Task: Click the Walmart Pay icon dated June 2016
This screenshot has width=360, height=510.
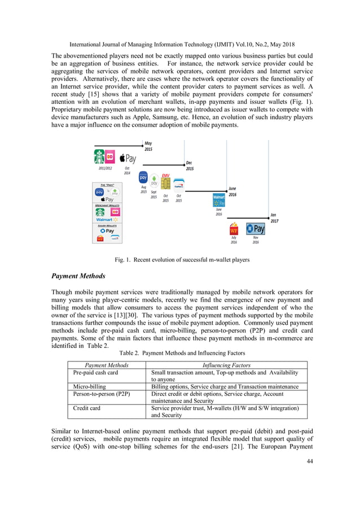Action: [x=218, y=201]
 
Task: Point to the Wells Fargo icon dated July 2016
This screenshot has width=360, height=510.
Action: [x=233, y=230]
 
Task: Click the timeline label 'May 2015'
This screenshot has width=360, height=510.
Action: [x=148, y=146]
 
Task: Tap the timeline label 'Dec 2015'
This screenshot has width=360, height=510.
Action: [x=190, y=165]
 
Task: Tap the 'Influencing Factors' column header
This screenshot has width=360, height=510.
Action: [x=226, y=365]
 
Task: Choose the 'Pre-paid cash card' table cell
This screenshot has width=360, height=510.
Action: [x=96, y=373]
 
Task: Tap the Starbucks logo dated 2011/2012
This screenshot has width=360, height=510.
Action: [x=100, y=155]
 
